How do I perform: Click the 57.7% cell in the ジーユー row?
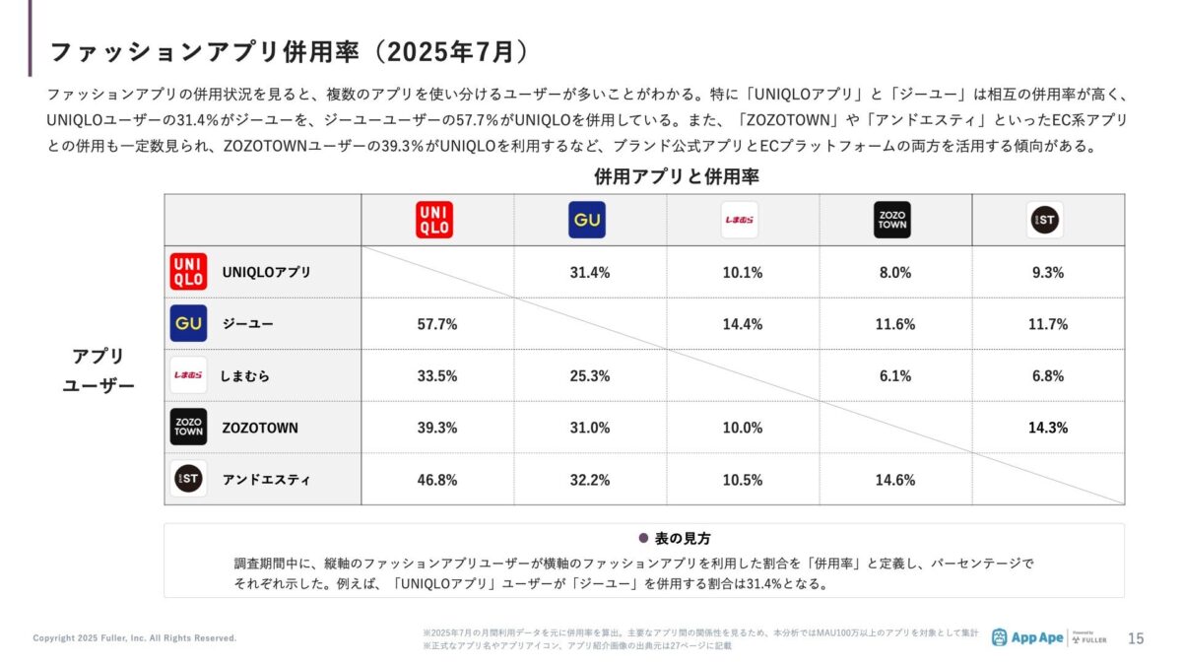(x=437, y=324)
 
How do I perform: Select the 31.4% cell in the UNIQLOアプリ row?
(x=590, y=273)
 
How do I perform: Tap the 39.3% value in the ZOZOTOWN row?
(x=437, y=428)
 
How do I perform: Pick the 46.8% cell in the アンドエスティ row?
(x=437, y=480)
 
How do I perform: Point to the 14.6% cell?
(x=895, y=480)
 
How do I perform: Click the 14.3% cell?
(x=1048, y=428)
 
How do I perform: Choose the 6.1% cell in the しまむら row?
(x=895, y=376)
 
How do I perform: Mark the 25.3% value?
(x=590, y=376)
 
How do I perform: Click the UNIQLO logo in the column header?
(x=434, y=220)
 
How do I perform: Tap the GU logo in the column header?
(x=586, y=220)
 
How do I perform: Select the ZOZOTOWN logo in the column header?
(x=892, y=220)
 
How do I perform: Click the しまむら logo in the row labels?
(x=188, y=375)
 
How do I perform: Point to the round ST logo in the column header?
(x=1045, y=220)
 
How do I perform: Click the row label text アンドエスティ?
(x=266, y=480)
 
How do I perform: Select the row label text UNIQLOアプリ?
(x=266, y=273)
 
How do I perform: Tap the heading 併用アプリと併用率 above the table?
(x=676, y=177)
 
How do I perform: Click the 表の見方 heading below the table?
(x=683, y=539)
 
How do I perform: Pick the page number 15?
(x=1136, y=638)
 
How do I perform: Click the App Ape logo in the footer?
(x=1027, y=637)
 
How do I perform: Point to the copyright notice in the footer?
(x=135, y=638)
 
